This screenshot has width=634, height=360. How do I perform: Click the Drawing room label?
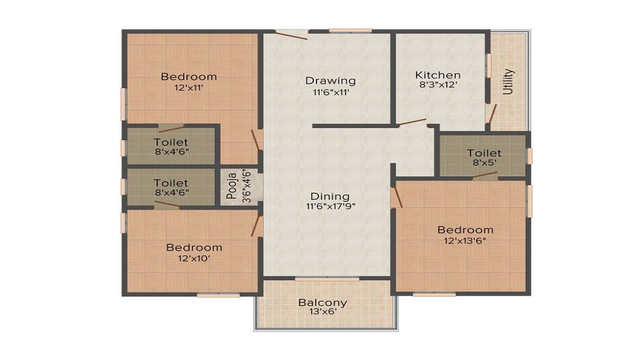pos(330,80)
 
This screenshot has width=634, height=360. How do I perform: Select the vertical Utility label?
pos(508,81)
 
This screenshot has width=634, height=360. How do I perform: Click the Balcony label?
pos(323,302)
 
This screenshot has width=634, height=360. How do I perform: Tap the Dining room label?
pos(327,196)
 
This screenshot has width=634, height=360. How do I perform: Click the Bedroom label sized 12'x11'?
pos(188,77)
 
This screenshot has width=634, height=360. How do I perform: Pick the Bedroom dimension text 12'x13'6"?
pos(465,240)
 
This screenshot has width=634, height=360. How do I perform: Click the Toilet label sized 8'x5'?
pos(484,153)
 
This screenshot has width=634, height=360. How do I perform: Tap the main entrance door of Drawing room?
pos(291,35)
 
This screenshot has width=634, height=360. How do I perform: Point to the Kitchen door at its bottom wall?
pos(411,122)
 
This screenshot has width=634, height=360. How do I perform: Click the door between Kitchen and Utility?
pos(490,113)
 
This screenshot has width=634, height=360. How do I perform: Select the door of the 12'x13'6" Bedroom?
pos(397,196)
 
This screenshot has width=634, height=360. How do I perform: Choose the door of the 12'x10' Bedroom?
pos(257,226)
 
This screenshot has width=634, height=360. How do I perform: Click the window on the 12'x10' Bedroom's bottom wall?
pos(218,294)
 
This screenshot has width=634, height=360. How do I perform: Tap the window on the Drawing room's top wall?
pos(350,30)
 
